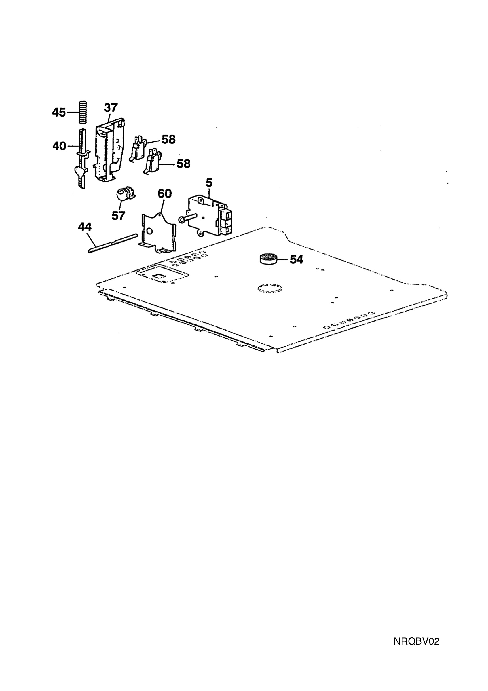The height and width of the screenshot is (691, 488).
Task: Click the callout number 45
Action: pos(59,113)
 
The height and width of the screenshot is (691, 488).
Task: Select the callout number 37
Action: pos(111,107)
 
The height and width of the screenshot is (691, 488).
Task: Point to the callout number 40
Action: pos(59,146)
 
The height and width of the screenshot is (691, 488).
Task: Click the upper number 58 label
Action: pos(168,139)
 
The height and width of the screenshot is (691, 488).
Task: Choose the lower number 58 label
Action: pos(183,164)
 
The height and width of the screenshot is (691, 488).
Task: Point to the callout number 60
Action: pos(165,193)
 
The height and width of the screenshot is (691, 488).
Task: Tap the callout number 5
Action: pos(209,182)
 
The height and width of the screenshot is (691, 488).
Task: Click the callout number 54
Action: pos(296,259)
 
